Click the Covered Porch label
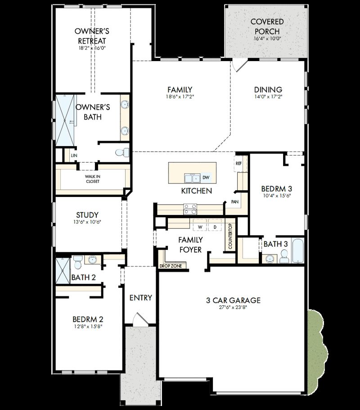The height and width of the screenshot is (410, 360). click(x=267, y=27)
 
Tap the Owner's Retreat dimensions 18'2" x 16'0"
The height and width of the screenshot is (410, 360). click(x=92, y=48)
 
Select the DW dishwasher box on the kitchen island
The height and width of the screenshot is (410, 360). click(x=206, y=178)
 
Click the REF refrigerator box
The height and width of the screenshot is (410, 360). click(x=239, y=164)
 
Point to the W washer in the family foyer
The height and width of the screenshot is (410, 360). click(x=199, y=227)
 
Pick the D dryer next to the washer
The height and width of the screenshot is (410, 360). click(x=215, y=227)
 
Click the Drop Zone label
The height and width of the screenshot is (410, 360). click(x=171, y=266)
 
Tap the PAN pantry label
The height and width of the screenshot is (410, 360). click(x=235, y=202)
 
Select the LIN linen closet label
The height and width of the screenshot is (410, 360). click(x=74, y=156)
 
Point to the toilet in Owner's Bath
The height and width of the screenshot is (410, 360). click(x=121, y=152)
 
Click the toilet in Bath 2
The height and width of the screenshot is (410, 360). click(x=77, y=260)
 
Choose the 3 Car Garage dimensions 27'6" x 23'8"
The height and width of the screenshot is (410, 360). click(x=234, y=308)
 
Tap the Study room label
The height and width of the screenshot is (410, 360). click(x=87, y=215)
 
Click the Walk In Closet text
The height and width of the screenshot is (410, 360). click(x=93, y=179)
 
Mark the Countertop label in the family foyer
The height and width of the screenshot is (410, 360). click(x=229, y=237)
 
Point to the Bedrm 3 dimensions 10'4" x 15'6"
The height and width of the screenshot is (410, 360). click(x=278, y=196)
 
